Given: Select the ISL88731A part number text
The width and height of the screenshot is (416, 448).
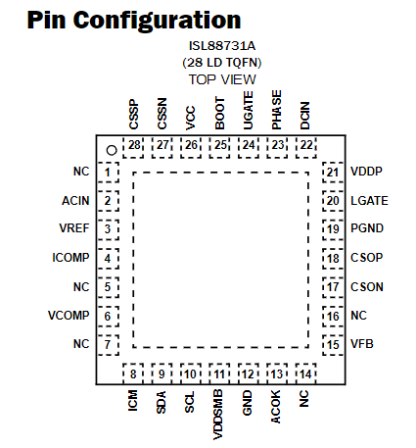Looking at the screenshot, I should point(221,46).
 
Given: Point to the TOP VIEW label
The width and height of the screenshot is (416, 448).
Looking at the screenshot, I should point(222,79).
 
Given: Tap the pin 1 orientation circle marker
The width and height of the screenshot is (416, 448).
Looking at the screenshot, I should point(112,148).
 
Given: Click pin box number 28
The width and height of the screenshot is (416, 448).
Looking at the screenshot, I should point(134,146).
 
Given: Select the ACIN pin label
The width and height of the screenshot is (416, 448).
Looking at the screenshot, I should point(75,201).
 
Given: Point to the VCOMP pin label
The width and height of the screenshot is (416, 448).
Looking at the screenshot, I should point(69,316).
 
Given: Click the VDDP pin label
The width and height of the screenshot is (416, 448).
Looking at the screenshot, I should point(366,172).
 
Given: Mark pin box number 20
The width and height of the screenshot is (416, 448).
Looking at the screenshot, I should point(333,201).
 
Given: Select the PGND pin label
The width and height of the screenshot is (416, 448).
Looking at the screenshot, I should point(366,229).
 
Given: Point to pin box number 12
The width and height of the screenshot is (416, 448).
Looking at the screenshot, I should point(249,373).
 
